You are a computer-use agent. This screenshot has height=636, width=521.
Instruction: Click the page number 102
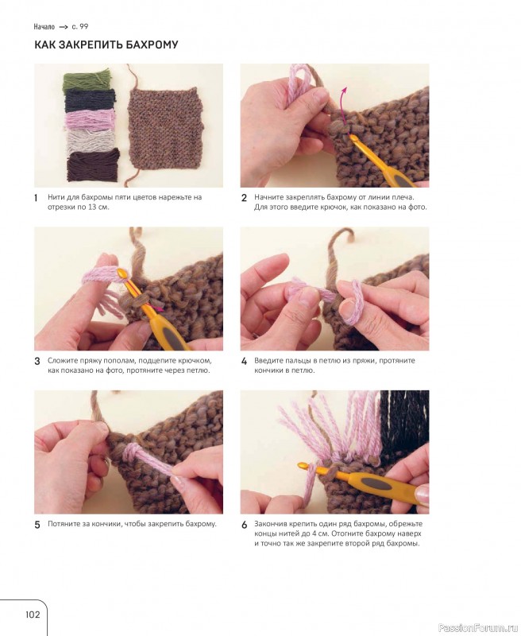(x=33, y=614)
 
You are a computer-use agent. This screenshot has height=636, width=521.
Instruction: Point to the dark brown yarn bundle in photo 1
(x=93, y=165)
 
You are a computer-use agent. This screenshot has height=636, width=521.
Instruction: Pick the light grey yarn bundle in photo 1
(x=91, y=141)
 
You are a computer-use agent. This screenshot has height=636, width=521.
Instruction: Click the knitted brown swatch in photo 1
(x=164, y=128)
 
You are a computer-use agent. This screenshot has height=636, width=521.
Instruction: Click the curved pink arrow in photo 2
(x=344, y=105)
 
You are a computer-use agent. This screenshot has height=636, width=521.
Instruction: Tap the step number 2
(x=244, y=198)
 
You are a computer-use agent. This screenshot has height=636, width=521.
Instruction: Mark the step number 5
(x=37, y=525)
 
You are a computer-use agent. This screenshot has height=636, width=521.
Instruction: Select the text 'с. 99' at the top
(x=79, y=27)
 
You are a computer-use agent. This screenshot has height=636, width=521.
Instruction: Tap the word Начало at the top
(x=44, y=27)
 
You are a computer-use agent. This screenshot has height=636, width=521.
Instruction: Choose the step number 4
(x=244, y=362)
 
